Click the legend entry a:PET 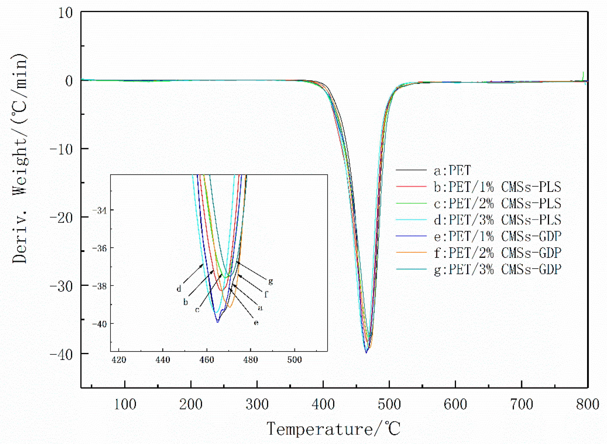point(452,170)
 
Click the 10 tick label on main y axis point(65,13)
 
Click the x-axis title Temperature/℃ point(334,429)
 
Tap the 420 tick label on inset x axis point(119,360)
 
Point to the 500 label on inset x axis point(294,360)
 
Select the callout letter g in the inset point(270,281)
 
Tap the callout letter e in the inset point(256,322)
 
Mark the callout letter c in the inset point(197,310)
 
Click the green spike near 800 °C point(583,75)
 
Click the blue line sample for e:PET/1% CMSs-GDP point(411,236)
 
